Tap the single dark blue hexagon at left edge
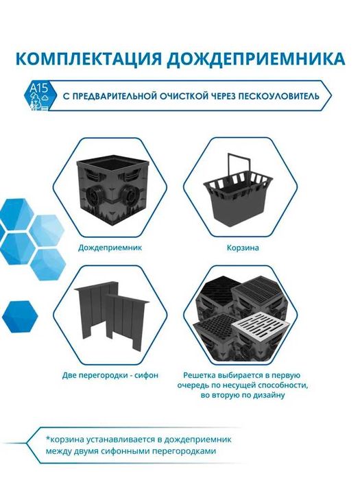coord(19,315)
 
